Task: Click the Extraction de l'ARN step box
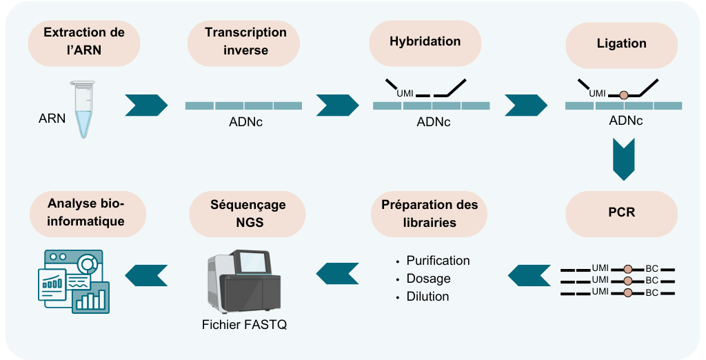(x=84, y=41)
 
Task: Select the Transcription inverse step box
(x=245, y=41)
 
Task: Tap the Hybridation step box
(x=425, y=41)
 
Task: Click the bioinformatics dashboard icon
(x=72, y=281)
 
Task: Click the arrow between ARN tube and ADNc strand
(x=146, y=105)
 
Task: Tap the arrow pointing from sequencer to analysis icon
(x=146, y=274)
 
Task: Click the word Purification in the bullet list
(x=438, y=261)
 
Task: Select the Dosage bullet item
(x=428, y=279)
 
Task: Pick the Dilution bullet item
(x=427, y=297)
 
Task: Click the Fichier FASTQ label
(x=244, y=325)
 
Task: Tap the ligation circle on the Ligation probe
(x=624, y=95)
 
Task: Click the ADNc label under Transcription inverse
(x=245, y=123)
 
